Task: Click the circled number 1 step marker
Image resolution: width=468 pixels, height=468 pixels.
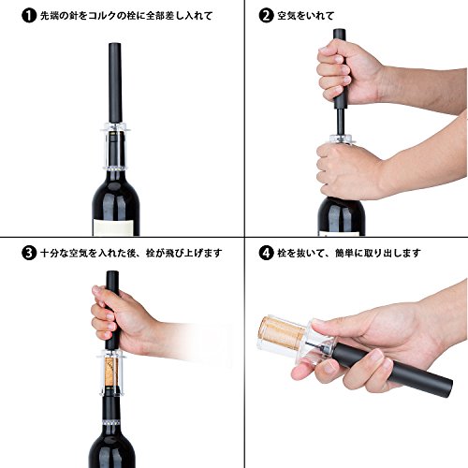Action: coord(29,16)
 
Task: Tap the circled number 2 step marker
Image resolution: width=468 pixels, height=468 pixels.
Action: coord(266,16)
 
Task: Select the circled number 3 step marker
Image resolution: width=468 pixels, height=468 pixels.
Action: coord(29,253)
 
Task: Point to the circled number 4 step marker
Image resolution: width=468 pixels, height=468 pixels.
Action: coord(266,253)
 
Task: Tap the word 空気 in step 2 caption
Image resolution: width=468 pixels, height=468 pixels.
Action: coord(286,16)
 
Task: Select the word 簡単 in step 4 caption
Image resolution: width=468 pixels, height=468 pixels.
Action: coord(344,253)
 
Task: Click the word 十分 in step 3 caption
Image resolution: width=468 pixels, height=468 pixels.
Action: coord(50,253)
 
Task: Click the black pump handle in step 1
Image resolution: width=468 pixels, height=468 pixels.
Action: coord(115,83)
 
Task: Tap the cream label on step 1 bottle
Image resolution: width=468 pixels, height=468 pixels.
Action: coord(114,227)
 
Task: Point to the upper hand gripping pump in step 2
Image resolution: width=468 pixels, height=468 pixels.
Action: coord(349,73)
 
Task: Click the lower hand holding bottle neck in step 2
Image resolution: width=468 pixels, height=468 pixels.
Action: coord(349,170)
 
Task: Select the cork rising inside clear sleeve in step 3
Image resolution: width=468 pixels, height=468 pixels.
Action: coord(111,372)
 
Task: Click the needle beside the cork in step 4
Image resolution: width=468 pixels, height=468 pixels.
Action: coord(315,344)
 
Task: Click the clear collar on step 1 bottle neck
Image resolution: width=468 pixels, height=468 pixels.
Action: coord(115,147)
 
